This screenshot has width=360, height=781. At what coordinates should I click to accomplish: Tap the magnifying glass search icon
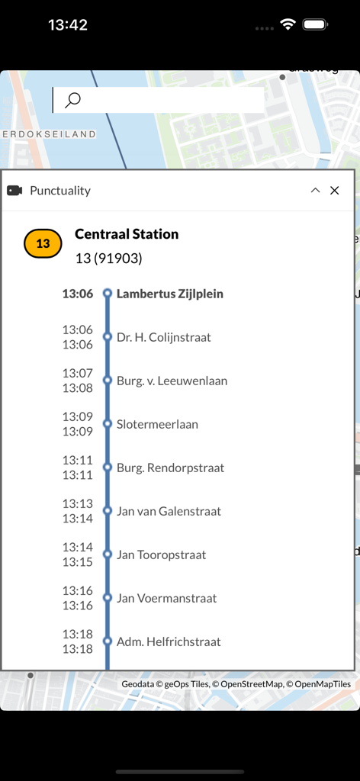click(x=72, y=100)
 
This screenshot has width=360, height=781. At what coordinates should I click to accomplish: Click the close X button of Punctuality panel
click(x=334, y=191)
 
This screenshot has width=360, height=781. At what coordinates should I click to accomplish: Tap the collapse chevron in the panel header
click(x=315, y=191)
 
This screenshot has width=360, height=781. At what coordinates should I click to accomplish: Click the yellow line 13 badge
click(x=43, y=243)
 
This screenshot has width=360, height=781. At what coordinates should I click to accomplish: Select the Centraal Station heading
click(x=127, y=234)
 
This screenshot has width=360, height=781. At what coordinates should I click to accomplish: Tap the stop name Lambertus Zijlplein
click(x=169, y=294)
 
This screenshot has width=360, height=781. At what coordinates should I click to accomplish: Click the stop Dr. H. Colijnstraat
click(x=163, y=337)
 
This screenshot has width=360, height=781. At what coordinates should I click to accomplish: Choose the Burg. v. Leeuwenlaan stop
click(x=172, y=381)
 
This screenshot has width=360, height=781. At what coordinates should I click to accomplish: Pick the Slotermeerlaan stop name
click(x=157, y=424)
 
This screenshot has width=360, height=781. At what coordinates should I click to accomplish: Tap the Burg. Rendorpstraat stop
click(x=170, y=468)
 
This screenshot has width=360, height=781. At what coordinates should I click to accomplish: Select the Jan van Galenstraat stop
click(x=169, y=511)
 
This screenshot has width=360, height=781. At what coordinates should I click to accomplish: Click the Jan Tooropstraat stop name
click(x=161, y=554)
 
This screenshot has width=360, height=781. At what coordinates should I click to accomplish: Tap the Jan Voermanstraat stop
click(x=166, y=598)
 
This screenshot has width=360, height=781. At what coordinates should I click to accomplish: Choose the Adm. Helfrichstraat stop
click(x=169, y=641)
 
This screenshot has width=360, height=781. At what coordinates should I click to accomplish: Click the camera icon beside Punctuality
click(x=14, y=191)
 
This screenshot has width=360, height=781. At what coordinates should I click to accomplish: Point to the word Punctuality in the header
click(x=60, y=191)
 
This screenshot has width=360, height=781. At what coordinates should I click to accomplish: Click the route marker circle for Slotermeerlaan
click(x=108, y=424)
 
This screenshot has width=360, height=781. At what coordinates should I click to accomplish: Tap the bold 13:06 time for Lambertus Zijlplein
click(x=78, y=294)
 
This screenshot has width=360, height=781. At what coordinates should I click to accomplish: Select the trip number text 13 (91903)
click(x=108, y=259)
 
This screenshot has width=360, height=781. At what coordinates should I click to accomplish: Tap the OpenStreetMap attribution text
click(x=252, y=684)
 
